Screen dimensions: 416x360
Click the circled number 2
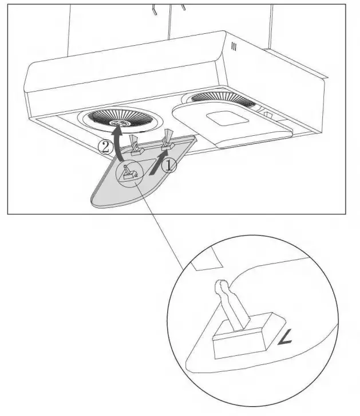[x=105, y=147]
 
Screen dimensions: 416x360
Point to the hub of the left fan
[x=120, y=122]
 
